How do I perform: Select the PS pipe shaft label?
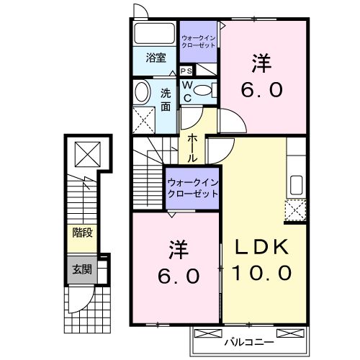pos(186,71)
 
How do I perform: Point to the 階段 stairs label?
pos(81,233)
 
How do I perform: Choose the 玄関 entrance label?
pos(81,270)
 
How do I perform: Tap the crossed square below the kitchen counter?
pos(294,210)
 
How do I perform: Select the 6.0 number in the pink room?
pos(174,276)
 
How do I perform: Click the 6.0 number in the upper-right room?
pos(262,91)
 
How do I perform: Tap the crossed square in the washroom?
pos(145,117)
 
